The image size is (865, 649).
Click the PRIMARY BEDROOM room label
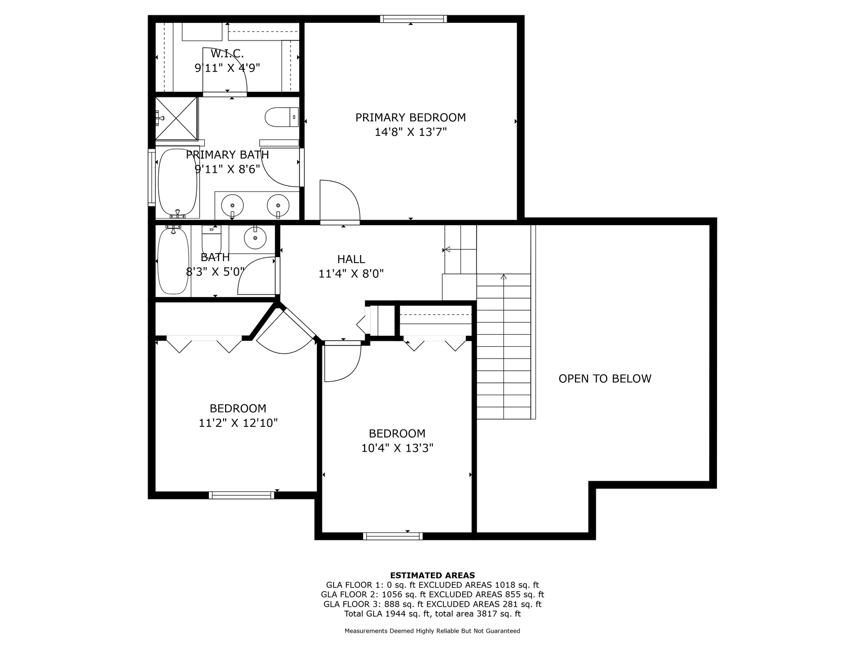coord(410,118)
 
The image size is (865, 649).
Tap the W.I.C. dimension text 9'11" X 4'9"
coord(227,68)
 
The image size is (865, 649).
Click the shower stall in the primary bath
coord(176,118)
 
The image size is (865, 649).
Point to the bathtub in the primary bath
coord(177,183)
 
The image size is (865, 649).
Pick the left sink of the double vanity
coord(233,205)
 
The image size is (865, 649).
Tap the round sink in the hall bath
coord(255,237)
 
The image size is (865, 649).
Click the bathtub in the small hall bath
coord(173,261)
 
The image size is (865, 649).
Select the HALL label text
coord(351,259)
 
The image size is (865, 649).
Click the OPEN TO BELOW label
coord(604,379)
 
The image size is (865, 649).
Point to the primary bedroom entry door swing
coord(339,201)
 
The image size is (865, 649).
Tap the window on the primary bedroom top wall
coord(413,19)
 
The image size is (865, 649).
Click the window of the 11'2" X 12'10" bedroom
coord(241,495)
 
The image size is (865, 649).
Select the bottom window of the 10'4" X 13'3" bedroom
coord(393,536)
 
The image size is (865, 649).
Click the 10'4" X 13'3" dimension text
coord(397,448)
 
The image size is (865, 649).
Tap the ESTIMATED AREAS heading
coord(432,575)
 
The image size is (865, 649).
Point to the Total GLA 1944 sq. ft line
coord(432,614)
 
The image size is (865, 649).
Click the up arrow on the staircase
coord(503,277)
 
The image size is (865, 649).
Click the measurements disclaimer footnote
coord(432,631)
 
